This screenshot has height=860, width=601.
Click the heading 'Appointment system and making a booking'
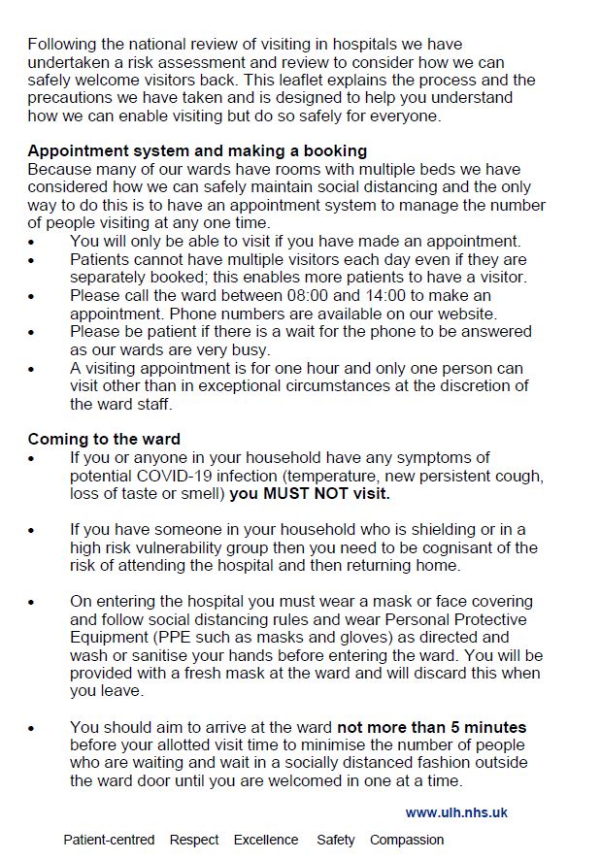[197, 150]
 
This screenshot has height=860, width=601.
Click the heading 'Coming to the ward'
[104, 439]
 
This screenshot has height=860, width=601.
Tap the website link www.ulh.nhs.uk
[456, 812]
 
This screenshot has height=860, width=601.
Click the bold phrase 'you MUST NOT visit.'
[310, 493]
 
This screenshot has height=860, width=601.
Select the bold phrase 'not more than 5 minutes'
[432, 727]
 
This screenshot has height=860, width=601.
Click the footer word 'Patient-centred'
[109, 840]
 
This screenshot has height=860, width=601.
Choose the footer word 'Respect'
[194, 840]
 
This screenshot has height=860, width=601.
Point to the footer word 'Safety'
[336, 840]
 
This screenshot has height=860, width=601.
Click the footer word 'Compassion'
[407, 840]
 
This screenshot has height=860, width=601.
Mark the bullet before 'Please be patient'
[31, 332]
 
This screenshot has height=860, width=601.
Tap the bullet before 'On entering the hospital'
[31, 602]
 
